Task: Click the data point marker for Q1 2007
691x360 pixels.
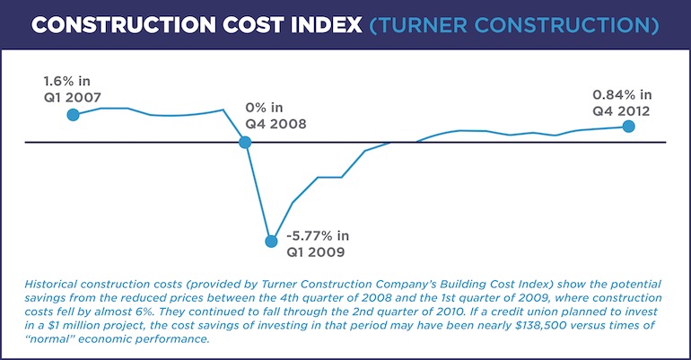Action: coord(74,114)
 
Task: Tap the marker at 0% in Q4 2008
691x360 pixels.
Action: coord(244,142)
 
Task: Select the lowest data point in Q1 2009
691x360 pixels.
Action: coord(270,241)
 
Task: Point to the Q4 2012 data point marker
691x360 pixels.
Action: coord(628,127)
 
